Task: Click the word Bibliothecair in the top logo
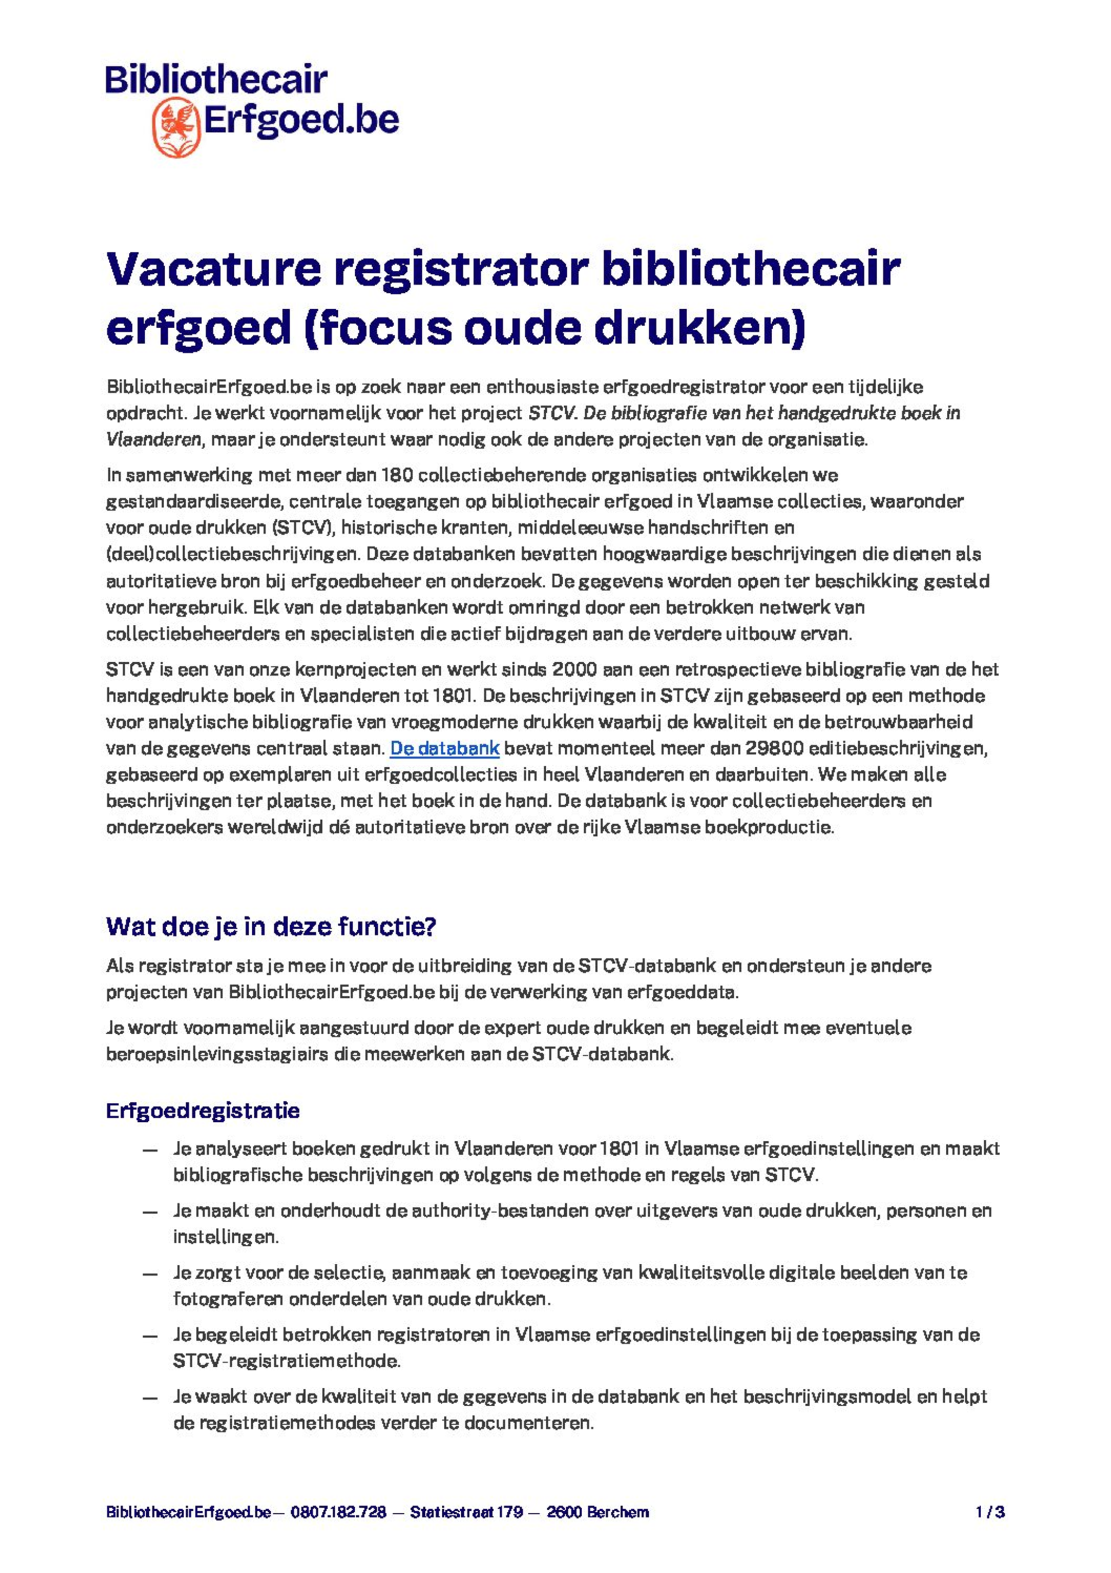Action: click(x=216, y=80)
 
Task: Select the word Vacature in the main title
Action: click(x=213, y=269)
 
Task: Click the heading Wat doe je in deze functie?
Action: click(x=271, y=926)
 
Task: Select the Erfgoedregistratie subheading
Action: click(x=203, y=1111)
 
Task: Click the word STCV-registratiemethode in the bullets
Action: click(x=286, y=1361)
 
